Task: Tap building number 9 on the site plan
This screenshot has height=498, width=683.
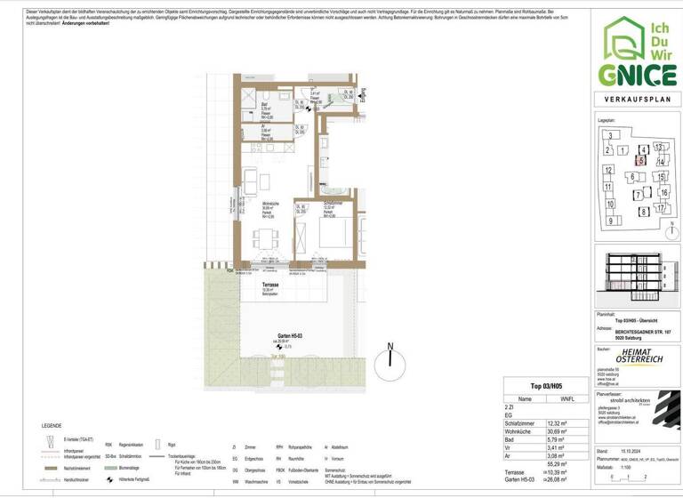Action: pos(611,220)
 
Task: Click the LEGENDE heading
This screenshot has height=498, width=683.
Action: pos(52,425)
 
